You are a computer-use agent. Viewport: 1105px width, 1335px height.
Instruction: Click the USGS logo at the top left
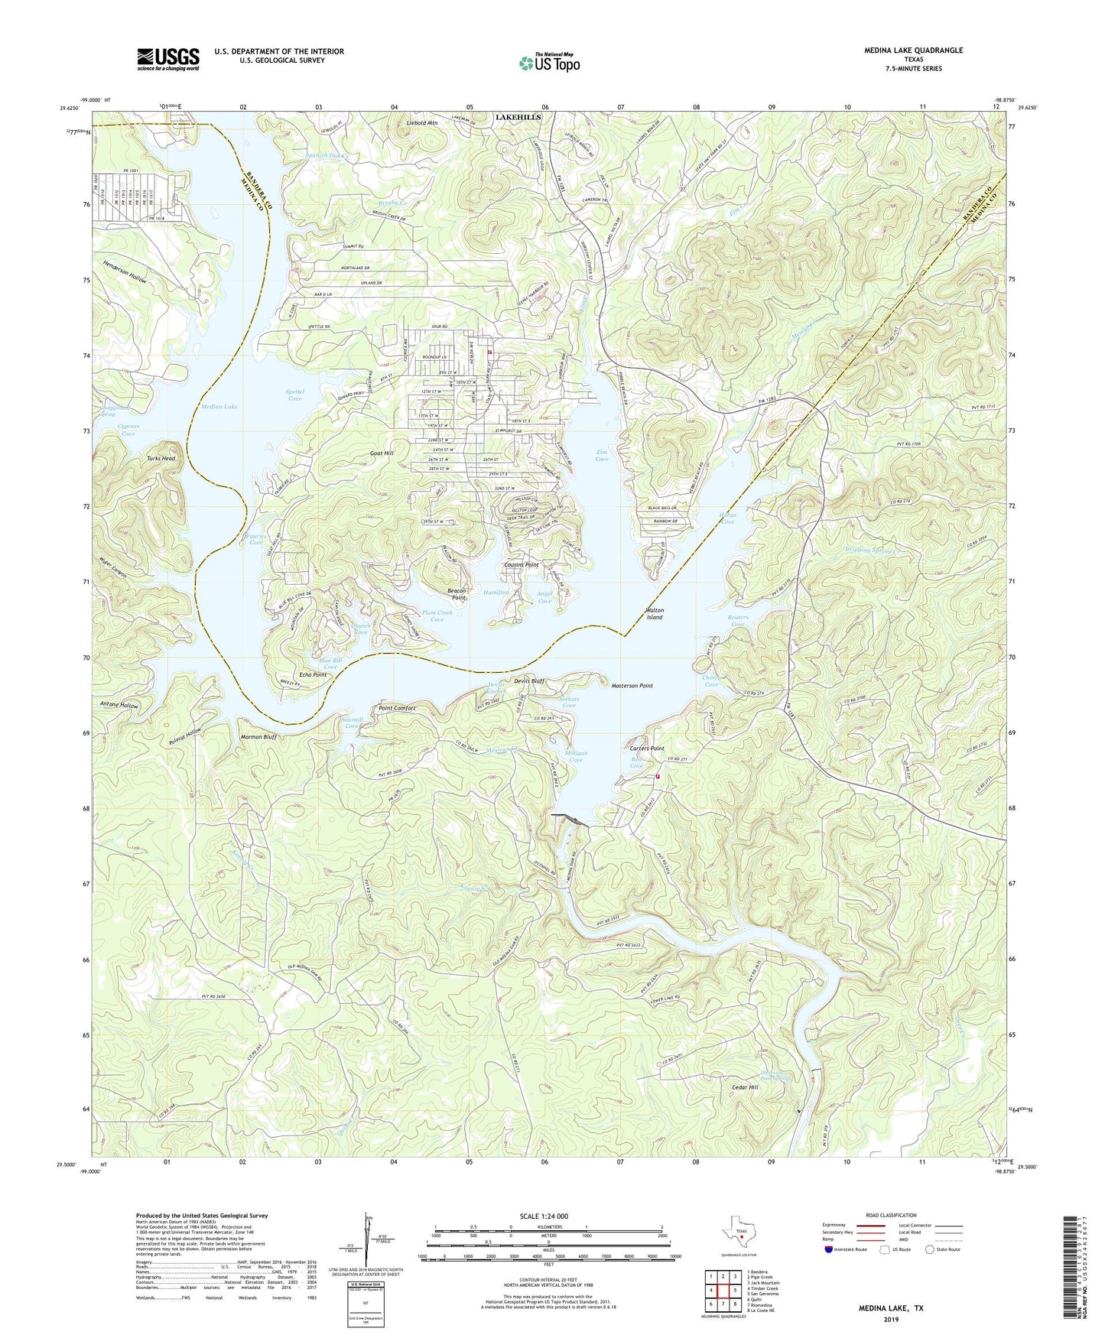[x=168, y=58]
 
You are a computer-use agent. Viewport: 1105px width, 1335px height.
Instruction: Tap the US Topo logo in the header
[x=548, y=63]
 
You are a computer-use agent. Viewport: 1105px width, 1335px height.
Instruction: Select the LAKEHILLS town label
[x=518, y=117]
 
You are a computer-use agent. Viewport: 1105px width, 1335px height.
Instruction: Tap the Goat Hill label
[x=380, y=453]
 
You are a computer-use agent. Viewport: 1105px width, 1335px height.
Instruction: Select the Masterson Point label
[x=632, y=686]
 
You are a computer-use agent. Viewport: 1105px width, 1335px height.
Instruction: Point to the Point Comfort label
[x=398, y=709]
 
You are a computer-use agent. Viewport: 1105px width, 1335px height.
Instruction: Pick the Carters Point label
[x=646, y=749]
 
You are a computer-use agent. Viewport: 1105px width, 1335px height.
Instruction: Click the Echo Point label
[x=313, y=675]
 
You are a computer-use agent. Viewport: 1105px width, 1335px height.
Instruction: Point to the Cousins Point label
[x=521, y=565]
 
